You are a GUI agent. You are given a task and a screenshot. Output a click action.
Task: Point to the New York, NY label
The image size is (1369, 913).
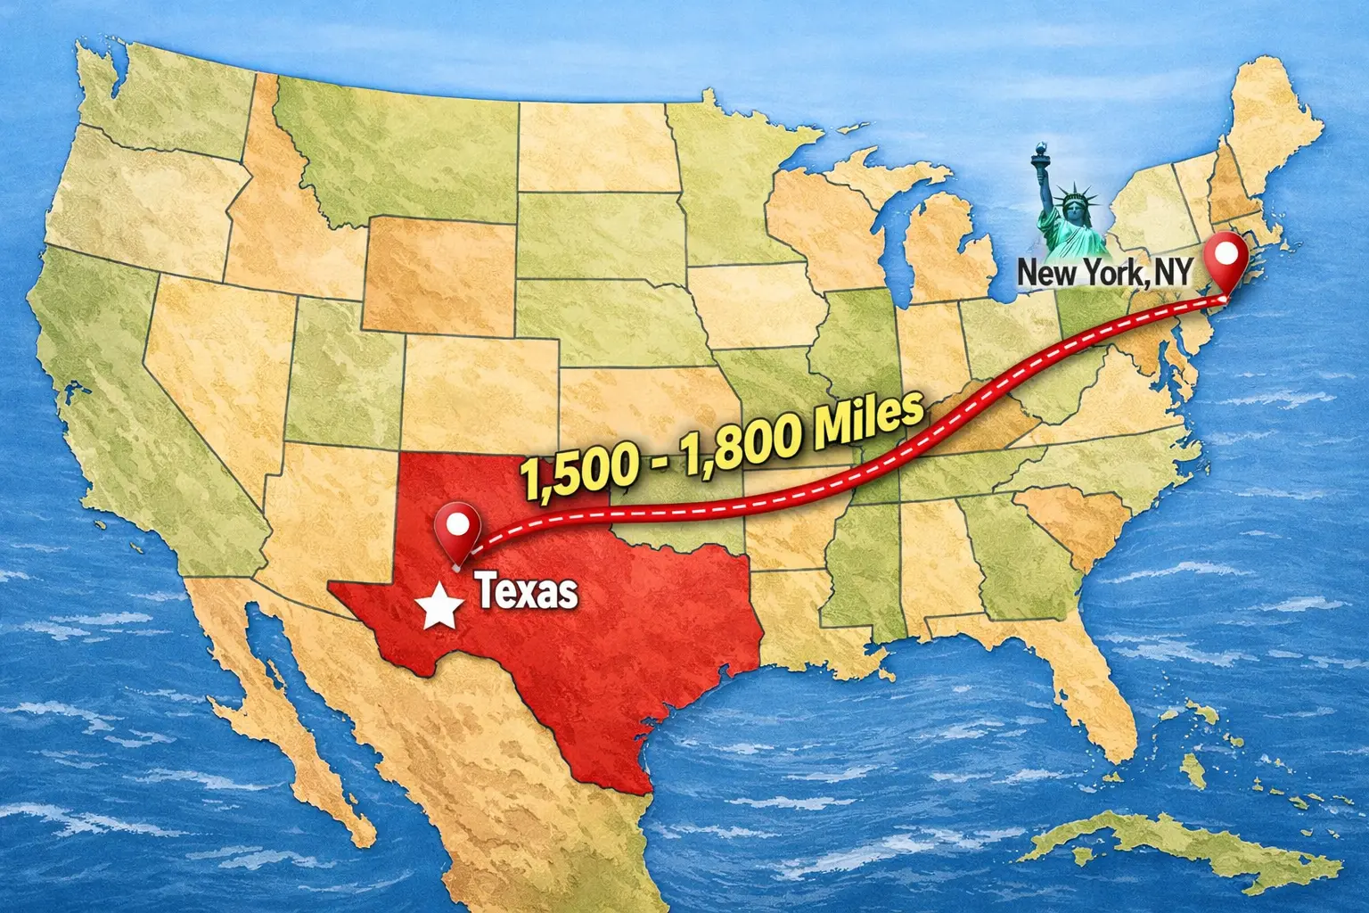click(1103, 273)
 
